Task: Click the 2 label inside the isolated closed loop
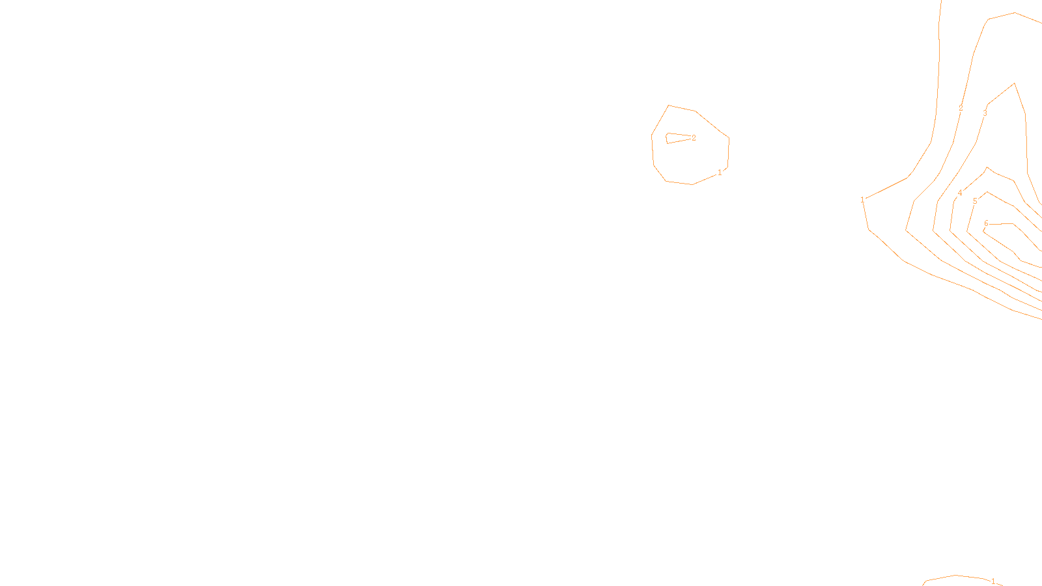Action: pyautogui.click(x=694, y=138)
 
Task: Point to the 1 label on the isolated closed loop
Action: pyautogui.click(x=720, y=173)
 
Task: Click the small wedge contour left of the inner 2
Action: pyautogui.click(x=675, y=137)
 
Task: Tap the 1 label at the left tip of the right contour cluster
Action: pyautogui.click(x=863, y=200)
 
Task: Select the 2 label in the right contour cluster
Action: pyautogui.click(x=961, y=108)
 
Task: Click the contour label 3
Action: pyautogui.click(x=985, y=113)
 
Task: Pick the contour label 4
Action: pyautogui.click(x=960, y=193)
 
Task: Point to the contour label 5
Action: pyautogui.click(x=975, y=201)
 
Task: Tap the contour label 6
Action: pyautogui.click(x=986, y=223)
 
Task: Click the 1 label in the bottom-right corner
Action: pyautogui.click(x=993, y=581)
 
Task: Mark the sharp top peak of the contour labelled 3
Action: pyautogui.click(x=1014, y=83)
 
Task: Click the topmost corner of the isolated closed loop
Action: pyautogui.click(x=669, y=105)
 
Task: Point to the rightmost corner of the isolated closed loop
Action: pyautogui.click(x=729, y=138)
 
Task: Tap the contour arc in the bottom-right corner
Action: pyautogui.click(x=955, y=576)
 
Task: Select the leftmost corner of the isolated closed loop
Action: pyautogui.click(x=652, y=135)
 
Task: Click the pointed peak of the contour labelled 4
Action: pyautogui.click(x=987, y=167)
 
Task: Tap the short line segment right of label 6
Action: pyautogui.click(x=1002, y=223)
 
